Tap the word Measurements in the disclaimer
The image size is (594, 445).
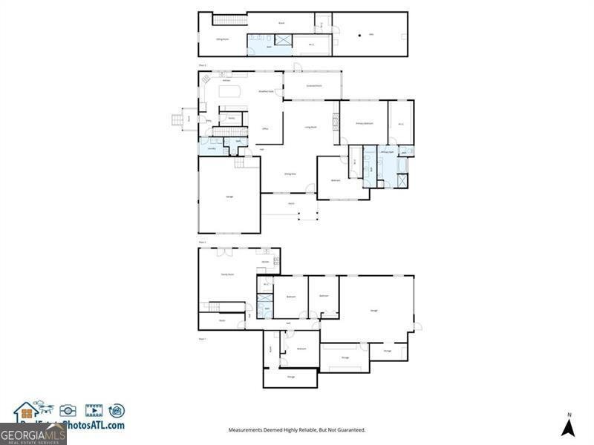click(x=247, y=430)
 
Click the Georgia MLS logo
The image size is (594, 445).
click(x=33, y=433)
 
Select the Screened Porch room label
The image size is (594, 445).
click(x=313, y=86)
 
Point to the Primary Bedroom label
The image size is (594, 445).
click(x=364, y=123)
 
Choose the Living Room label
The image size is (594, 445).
click(x=310, y=127)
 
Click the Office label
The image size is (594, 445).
click(x=265, y=129)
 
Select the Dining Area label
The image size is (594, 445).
click(x=290, y=174)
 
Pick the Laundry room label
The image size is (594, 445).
click(x=212, y=148)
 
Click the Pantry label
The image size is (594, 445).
click(x=231, y=118)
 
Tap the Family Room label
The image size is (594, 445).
click(x=227, y=274)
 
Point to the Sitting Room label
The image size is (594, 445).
click(x=221, y=39)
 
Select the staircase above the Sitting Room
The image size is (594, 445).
click(x=229, y=19)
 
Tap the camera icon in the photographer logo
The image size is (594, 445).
click(x=68, y=410)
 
